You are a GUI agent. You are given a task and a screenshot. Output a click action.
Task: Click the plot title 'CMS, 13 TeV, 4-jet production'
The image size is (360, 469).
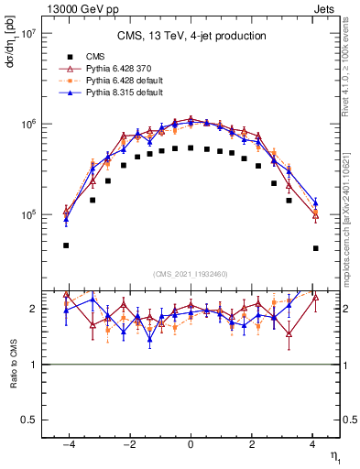click(191, 37)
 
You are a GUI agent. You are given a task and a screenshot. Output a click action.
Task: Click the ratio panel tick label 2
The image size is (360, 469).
click(32, 310)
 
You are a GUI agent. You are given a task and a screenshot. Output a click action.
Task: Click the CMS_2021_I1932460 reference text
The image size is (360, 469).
click(190, 274)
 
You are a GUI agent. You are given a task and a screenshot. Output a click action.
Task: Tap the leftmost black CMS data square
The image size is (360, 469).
click(66, 245)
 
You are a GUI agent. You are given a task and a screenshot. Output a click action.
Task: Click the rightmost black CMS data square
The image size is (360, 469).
click(315, 248)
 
